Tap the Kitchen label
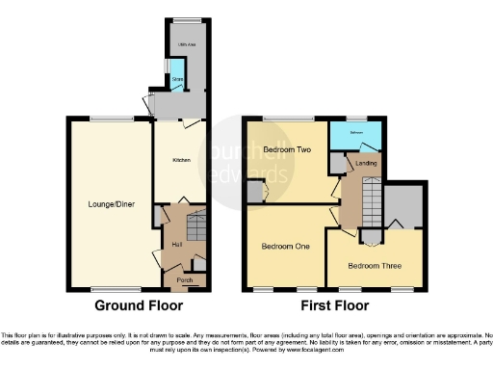[x=181, y=160]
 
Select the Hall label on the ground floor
[x=177, y=245]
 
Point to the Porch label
[x=183, y=280]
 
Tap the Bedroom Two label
[x=286, y=150]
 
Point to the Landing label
[x=366, y=164]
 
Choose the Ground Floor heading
[x=132, y=306]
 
